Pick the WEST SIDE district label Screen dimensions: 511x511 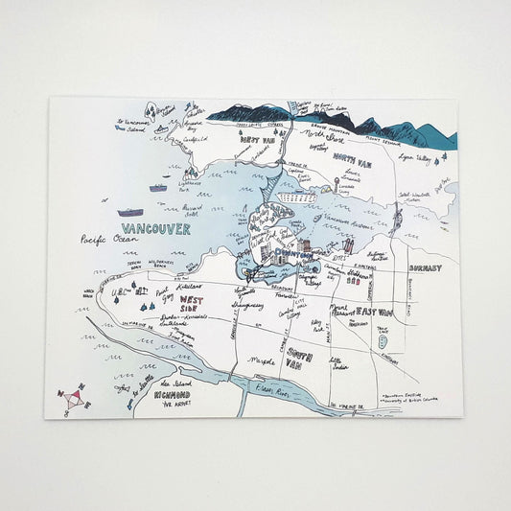[192, 305]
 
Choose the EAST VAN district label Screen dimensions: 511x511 [375, 312]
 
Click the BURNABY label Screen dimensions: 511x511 [424, 269]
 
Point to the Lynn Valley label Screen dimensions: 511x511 [410, 156]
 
